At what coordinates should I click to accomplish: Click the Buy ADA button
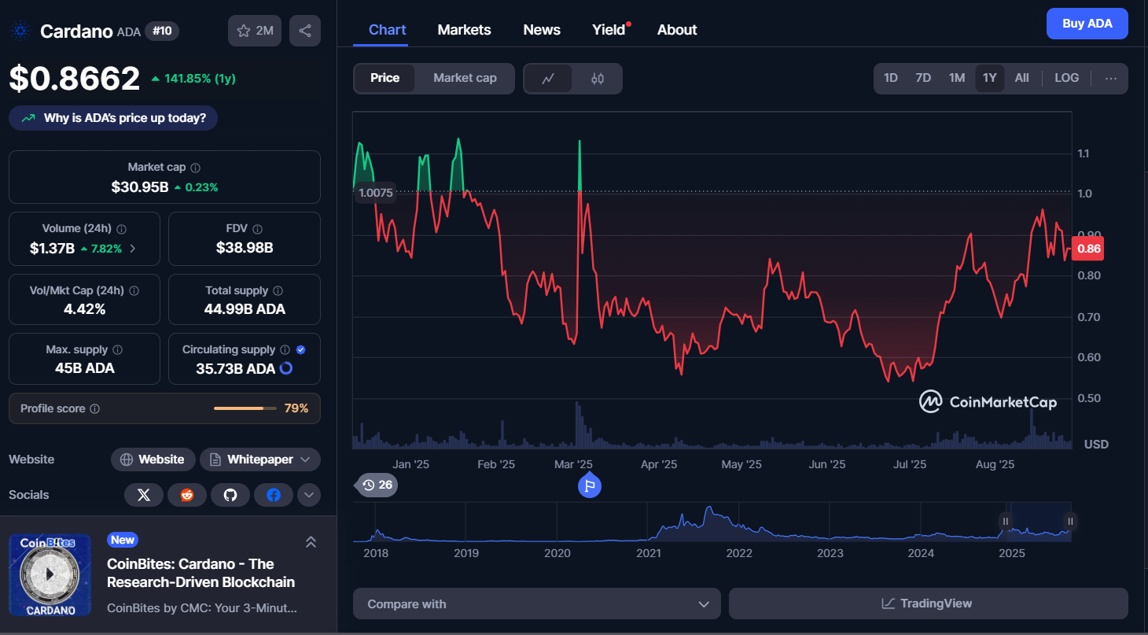pyautogui.click(x=1087, y=24)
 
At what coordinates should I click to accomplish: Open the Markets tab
pyautogui.click(x=464, y=30)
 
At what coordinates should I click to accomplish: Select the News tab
pyautogui.click(x=542, y=30)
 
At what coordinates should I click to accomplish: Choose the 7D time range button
pyautogui.click(x=923, y=78)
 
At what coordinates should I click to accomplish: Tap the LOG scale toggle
pyautogui.click(x=1066, y=78)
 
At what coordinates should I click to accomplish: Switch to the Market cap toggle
pyautogui.click(x=465, y=78)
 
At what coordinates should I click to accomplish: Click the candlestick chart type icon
pyautogui.click(x=598, y=79)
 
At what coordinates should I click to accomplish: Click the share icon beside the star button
pyautogui.click(x=305, y=31)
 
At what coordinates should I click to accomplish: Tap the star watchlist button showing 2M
pyautogui.click(x=255, y=31)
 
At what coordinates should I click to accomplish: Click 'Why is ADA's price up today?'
pyautogui.click(x=113, y=118)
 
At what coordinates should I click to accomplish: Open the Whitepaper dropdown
pyautogui.click(x=260, y=460)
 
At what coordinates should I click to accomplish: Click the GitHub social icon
pyautogui.click(x=230, y=495)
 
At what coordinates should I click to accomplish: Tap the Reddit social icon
pyautogui.click(x=187, y=495)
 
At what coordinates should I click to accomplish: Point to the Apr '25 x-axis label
pyautogui.click(x=659, y=464)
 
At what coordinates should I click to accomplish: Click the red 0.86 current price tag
pyautogui.click(x=1087, y=249)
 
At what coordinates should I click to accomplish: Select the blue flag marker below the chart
pyautogui.click(x=590, y=485)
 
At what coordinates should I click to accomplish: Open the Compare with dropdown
pyautogui.click(x=536, y=604)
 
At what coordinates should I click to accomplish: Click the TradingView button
pyautogui.click(x=928, y=604)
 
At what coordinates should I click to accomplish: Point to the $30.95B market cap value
pyautogui.click(x=140, y=187)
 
